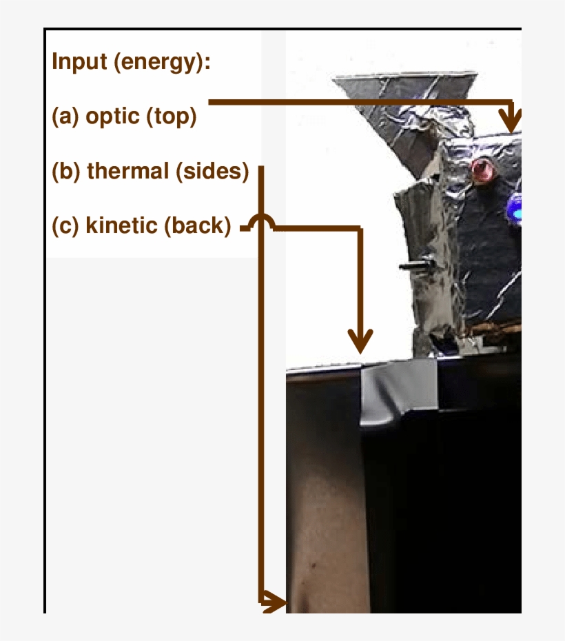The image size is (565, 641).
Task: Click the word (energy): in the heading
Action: pyautogui.click(x=162, y=63)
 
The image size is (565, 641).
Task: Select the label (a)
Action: pyautogui.click(x=65, y=116)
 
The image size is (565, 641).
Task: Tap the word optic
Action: pyautogui.click(x=112, y=116)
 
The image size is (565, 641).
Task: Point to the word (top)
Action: pyautogui.click(x=171, y=116)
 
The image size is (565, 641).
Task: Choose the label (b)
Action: pyautogui.click(x=66, y=171)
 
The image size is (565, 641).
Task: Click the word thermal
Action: pyautogui.click(x=127, y=171)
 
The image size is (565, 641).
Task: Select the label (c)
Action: pyautogui.click(x=65, y=225)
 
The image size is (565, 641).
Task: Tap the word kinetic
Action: pyautogui.click(x=121, y=225)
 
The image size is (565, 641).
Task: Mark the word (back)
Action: pyautogui.click(x=197, y=225)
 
